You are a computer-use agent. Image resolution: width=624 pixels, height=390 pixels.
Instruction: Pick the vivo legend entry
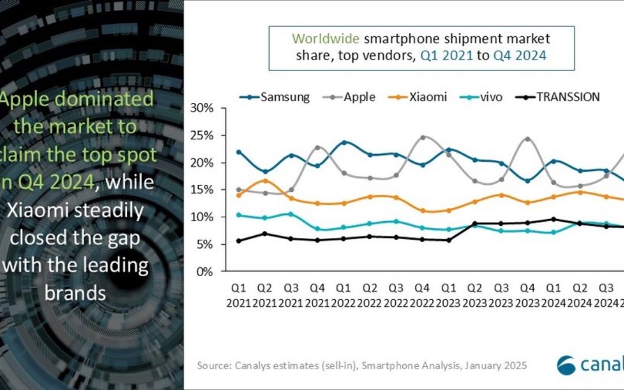point(484,97)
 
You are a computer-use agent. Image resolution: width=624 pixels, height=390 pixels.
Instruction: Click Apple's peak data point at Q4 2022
point(424,138)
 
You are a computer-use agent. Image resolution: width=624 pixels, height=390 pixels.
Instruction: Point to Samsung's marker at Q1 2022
point(344,142)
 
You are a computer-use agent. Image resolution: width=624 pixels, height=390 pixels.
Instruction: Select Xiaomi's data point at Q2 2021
point(265,181)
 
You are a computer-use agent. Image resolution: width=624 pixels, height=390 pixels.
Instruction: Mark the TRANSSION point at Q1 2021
point(239,241)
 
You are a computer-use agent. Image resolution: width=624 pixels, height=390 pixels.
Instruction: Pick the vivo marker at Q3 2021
point(291,214)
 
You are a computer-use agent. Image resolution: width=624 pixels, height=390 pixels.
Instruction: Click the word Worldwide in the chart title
point(321,39)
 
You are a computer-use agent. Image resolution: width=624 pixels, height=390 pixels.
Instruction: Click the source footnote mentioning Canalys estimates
point(362,365)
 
